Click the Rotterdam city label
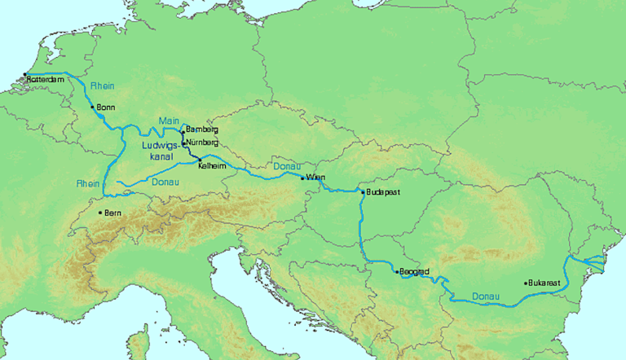(46, 80)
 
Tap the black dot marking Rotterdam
(25, 75)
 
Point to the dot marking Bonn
(92, 106)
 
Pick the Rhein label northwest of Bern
(88, 183)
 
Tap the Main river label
(169, 121)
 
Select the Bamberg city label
(202, 130)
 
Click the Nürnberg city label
(203, 143)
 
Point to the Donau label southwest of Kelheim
(167, 184)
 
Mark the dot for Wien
(302, 178)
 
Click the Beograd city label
(414, 271)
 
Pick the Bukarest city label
(545, 283)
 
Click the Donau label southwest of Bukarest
(487, 295)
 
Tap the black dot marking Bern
(100, 213)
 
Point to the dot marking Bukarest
(526, 283)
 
